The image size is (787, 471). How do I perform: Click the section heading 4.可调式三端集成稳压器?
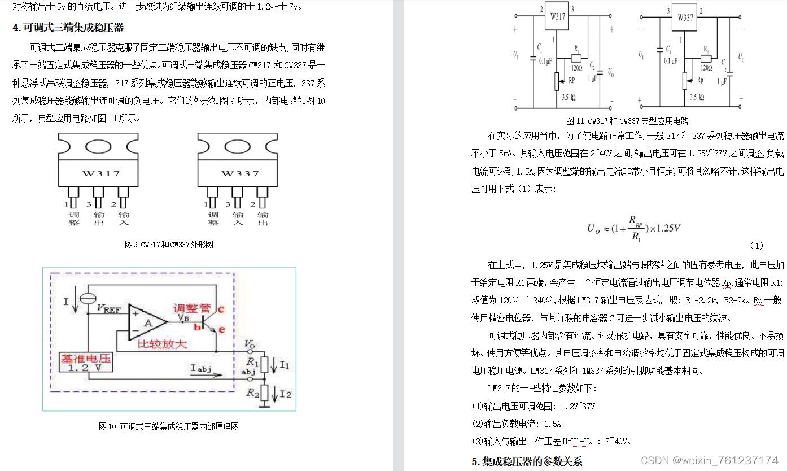click(x=68, y=27)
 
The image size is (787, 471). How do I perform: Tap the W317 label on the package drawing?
click(x=99, y=173)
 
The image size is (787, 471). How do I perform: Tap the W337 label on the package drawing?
click(x=239, y=173)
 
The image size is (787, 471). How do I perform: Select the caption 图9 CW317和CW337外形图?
click(x=169, y=245)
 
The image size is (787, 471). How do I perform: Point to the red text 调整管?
click(x=191, y=308)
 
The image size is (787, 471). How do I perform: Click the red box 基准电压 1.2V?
click(x=86, y=363)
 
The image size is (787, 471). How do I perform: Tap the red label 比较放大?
click(x=163, y=344)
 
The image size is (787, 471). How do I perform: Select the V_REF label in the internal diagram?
click(x=108, y=308)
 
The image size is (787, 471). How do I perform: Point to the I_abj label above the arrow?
click(x=201, y=368)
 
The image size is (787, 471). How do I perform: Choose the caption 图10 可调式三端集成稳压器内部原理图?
click(x=169, y=426)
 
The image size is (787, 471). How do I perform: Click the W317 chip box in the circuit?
click(x=558, y=18)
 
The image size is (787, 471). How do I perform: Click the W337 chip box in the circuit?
click(x=684, y=18)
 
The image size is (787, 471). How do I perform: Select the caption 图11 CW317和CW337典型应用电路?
click(x=627, y=120)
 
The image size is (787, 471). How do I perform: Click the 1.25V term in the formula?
click(x=667, y=228)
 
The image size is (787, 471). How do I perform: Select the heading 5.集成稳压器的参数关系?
click(x=527, y=461)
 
